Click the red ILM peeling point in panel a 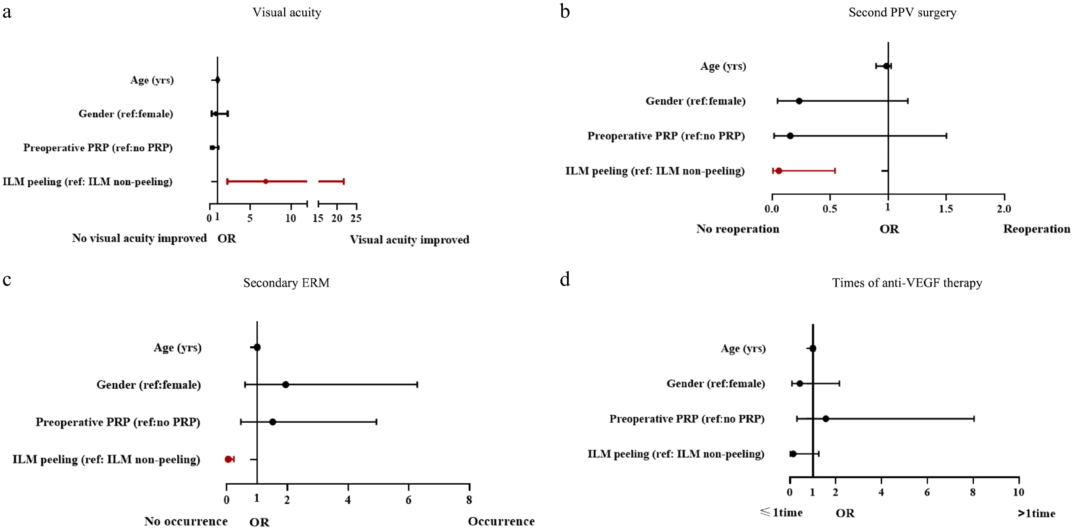[x=265, y=182]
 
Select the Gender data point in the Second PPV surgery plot [x=799, y=101]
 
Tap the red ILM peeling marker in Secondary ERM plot [x=228, y=459]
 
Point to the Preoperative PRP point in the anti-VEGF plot [x=826, y=419]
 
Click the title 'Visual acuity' [x=287, y=13]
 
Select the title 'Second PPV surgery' [x=902, y=13]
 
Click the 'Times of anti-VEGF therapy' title [x=907, y=283]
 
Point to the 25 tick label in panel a [x=356, y=218]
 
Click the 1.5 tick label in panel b [x=946, y=209]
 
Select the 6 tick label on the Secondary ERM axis [x=408, y=500]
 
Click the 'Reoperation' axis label [x=1036, y=229]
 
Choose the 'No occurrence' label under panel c [x=186, y=521]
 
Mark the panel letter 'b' [x=565, y=12]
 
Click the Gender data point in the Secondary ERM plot [x=285, y=385]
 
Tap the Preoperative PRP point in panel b [x=790, y=136]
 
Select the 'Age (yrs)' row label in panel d [x=743, y=348]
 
